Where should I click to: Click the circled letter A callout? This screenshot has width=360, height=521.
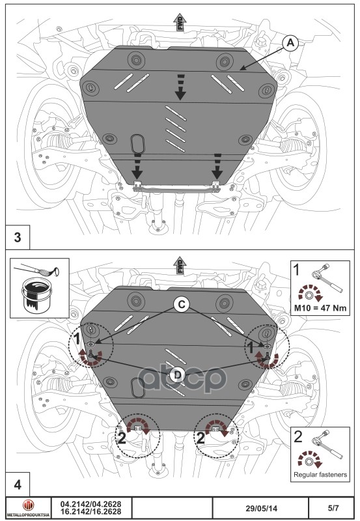[x=291, y=43]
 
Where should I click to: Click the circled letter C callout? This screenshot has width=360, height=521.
[x=182, y=303]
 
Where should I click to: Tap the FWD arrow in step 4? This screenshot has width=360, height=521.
[x=180, y=268]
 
